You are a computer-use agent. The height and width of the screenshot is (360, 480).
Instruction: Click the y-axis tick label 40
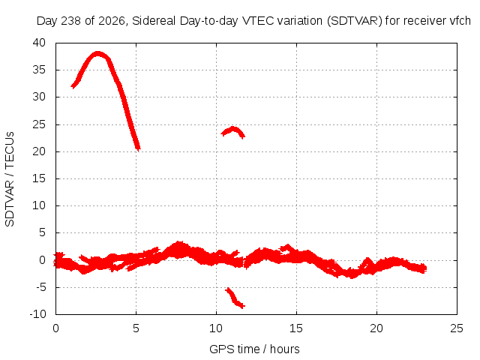[x=39, y=43]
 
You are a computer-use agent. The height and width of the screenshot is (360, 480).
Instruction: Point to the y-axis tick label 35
[x=39, y=70]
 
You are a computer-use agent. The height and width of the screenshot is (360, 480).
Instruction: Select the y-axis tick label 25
[x=39, y=124]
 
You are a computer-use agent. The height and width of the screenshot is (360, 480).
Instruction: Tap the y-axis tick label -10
[x=37, y=314]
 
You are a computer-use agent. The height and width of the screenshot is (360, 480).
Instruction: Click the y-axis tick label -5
[x=41, y=287]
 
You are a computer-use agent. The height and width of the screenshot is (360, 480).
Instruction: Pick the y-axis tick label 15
[x=39, y=178]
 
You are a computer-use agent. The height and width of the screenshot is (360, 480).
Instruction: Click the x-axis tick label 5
[x=136, y=328]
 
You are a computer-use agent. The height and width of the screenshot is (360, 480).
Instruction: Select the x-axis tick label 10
[x=216, y=328]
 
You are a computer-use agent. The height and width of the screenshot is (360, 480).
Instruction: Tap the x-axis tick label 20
[x=376, y=328]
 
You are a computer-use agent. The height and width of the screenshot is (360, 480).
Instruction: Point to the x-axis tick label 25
[x=457, y=328]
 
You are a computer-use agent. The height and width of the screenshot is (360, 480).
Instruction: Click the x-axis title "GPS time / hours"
[x=254, y=349]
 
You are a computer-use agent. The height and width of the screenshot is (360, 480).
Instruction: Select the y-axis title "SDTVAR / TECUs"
[x=10, y=179]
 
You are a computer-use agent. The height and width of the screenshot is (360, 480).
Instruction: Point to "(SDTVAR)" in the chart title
[x=355, y=21]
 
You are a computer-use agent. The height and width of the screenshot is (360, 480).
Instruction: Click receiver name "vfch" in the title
[x=460, y=21]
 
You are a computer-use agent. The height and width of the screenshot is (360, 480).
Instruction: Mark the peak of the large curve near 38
[x=97, y=54]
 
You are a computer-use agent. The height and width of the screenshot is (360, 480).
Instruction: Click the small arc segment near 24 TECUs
[x=233, y=132]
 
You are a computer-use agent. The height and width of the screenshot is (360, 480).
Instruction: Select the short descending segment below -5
[x=235, y=298]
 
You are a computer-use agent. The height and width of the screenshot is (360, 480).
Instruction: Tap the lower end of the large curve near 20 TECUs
[x=138, y=149]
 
